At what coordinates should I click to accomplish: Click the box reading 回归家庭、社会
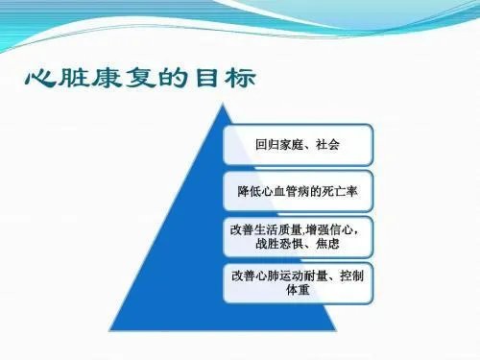[298, 145]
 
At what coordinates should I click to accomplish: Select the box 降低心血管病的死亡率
[298, 190]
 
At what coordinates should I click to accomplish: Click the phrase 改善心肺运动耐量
[275, 275]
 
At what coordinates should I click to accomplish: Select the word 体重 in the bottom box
[298, 289]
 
